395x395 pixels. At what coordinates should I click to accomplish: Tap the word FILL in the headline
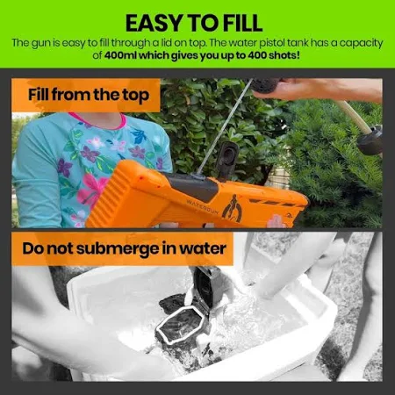click(x=241, y=23)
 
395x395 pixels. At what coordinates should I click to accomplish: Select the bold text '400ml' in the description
click(x=120, y=55)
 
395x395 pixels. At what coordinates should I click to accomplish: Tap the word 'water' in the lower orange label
click(x=203, y=249)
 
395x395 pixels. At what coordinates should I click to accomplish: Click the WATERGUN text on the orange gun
click(x=203, y=206)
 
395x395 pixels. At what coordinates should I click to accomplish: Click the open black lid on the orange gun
click(x=226, y=160)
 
